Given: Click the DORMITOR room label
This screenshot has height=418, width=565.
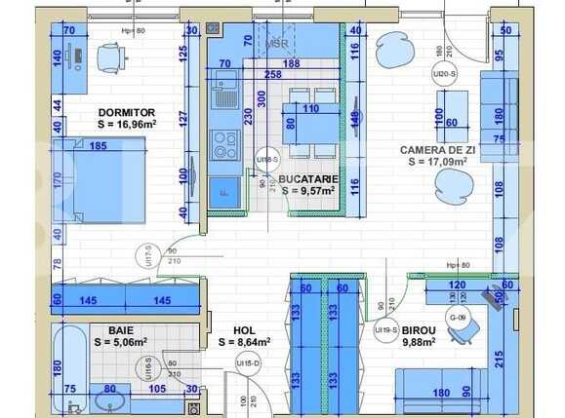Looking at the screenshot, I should pos(127,112).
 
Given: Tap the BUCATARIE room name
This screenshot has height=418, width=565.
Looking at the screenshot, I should pos(308,179).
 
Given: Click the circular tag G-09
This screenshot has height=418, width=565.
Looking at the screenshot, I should pos(458,318).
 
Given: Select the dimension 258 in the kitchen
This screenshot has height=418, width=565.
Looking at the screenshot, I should pos(273,74).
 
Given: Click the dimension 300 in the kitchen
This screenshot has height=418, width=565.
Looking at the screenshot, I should pos(261,98).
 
